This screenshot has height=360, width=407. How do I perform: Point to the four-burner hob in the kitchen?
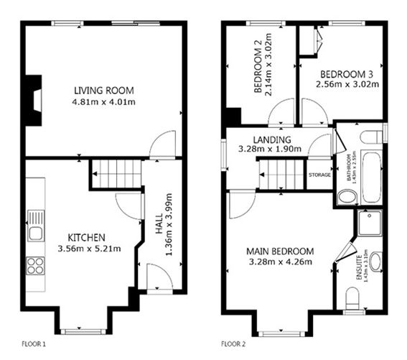[x=35, y=267]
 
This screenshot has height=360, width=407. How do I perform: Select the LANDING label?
[x=271, y=139]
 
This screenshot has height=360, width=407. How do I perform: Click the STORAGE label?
[x=319, y=175]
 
